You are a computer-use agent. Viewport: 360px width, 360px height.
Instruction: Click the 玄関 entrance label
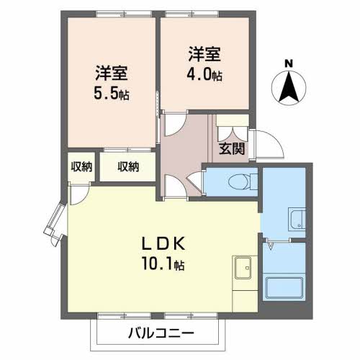tap(231, 149)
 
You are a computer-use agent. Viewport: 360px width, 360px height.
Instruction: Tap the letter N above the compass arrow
tap(288, 63)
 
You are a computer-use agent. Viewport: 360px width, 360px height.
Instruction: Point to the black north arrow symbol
tap(288, 88)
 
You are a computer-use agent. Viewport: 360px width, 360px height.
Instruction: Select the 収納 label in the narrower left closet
tap(81, 167)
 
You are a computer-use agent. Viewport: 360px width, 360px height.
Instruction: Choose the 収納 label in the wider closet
tap(127, 167)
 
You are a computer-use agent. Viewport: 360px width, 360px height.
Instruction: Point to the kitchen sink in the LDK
tap(241, 267)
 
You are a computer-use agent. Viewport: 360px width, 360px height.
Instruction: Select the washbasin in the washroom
tap(296, 217)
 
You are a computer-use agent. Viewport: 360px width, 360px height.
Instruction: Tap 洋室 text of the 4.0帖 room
tap(204, 53)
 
